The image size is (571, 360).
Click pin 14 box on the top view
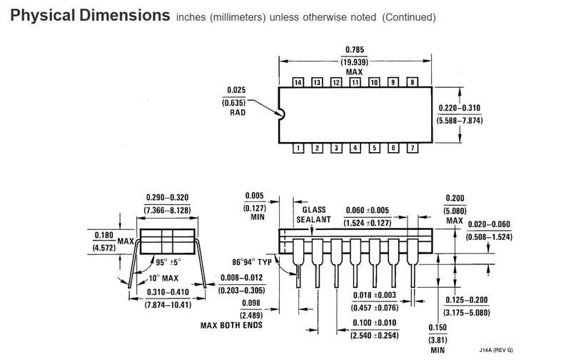click(x=298, y=82)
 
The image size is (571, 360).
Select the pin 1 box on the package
click(x=298, y=148)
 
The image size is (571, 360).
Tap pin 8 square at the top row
click(x=413, y=82)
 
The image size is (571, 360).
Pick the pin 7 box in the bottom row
click(x=413, y=148)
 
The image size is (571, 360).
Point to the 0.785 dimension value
click(x=355, y=49)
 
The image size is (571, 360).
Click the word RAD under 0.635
click(x=238, y=113)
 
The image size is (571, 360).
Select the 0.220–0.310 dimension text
click(x=460, y=108)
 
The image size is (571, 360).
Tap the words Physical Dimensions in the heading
click(x=90, y=15)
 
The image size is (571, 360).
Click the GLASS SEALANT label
click(x=313, y=214)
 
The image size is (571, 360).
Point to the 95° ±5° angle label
click(x=168, y=262)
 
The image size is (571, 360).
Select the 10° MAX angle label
click(x=163, y=278)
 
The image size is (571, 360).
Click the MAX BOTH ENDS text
click(x=231, y=325)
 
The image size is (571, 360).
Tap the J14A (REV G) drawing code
click(x=496, y=350)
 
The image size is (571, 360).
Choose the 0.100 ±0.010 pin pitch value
click(x=374, y=323)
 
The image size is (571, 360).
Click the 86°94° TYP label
click(x=252, y=262)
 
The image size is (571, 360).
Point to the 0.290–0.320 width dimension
click(x=168, y=197)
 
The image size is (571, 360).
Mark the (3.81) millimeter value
click(x=438, y=340)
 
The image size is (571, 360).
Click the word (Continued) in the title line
click(x=408, y=17)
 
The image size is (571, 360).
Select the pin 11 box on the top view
click(x=355, y=82)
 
